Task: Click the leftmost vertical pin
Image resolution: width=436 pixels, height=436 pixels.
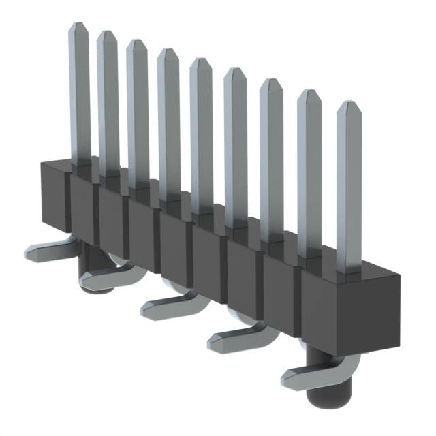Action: point(79,95)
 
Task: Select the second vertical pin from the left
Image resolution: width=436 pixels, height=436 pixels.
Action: point(108,102)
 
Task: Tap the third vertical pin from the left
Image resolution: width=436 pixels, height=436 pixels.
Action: point(138,112)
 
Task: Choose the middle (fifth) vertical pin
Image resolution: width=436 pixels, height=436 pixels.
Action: point(201,133)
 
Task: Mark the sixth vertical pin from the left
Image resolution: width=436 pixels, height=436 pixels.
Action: point(235,146)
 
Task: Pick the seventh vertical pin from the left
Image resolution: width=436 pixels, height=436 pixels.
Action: point(271,160)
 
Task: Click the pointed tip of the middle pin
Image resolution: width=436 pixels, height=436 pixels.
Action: point(201,63)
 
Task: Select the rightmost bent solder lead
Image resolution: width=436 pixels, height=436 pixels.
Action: point(307,371)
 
